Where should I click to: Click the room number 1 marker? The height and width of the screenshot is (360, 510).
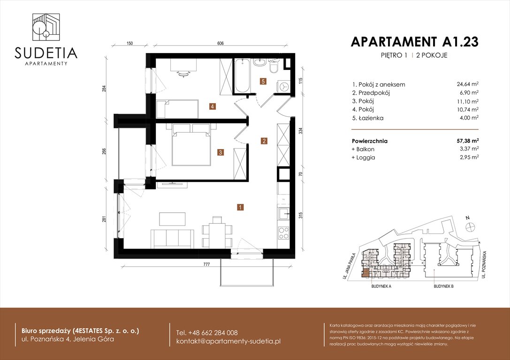coord(240,207)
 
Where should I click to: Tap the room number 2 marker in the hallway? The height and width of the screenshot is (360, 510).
coord(264,141)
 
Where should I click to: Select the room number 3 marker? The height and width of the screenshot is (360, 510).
coord(220,152)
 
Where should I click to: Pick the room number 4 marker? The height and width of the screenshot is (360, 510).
coord(213,106)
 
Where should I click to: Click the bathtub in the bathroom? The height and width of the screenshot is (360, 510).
coord(242,75)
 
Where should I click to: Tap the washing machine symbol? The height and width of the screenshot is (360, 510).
coord(283,86)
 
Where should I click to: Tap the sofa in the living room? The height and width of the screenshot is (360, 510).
coord(172,239)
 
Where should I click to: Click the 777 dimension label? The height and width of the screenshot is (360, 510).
coord(206,265)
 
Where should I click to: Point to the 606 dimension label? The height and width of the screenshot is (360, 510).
coord(221,44)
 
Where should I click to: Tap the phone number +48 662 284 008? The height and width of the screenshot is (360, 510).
coord(206,332)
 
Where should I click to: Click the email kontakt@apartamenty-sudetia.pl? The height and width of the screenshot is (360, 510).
coord(228,341)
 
